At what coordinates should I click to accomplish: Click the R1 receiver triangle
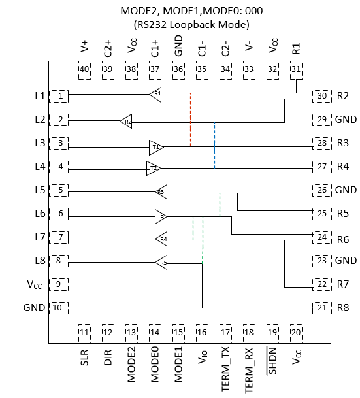tap(155, 93)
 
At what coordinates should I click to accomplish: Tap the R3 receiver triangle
tap(160, 192)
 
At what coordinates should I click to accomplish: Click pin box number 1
tap(60, 96)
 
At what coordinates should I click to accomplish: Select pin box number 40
tap(84, 71)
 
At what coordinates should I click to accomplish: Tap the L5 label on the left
tap(39, 190)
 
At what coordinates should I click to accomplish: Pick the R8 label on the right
tap(343, 308)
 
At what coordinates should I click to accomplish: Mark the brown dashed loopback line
tap(190, 121)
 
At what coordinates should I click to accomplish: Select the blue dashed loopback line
tap(214, 145)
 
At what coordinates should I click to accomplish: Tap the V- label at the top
tap(249, 48)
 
